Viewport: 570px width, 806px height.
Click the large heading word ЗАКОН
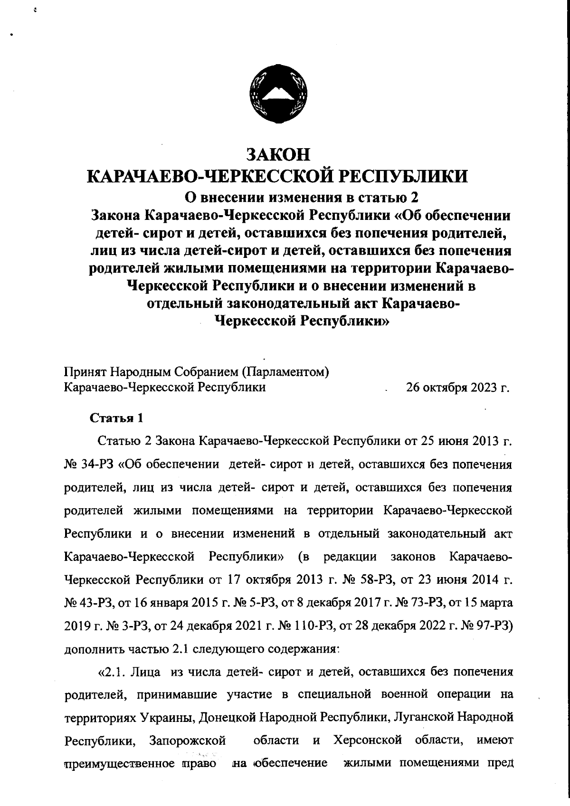278,155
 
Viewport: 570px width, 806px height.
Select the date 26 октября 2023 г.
457,388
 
